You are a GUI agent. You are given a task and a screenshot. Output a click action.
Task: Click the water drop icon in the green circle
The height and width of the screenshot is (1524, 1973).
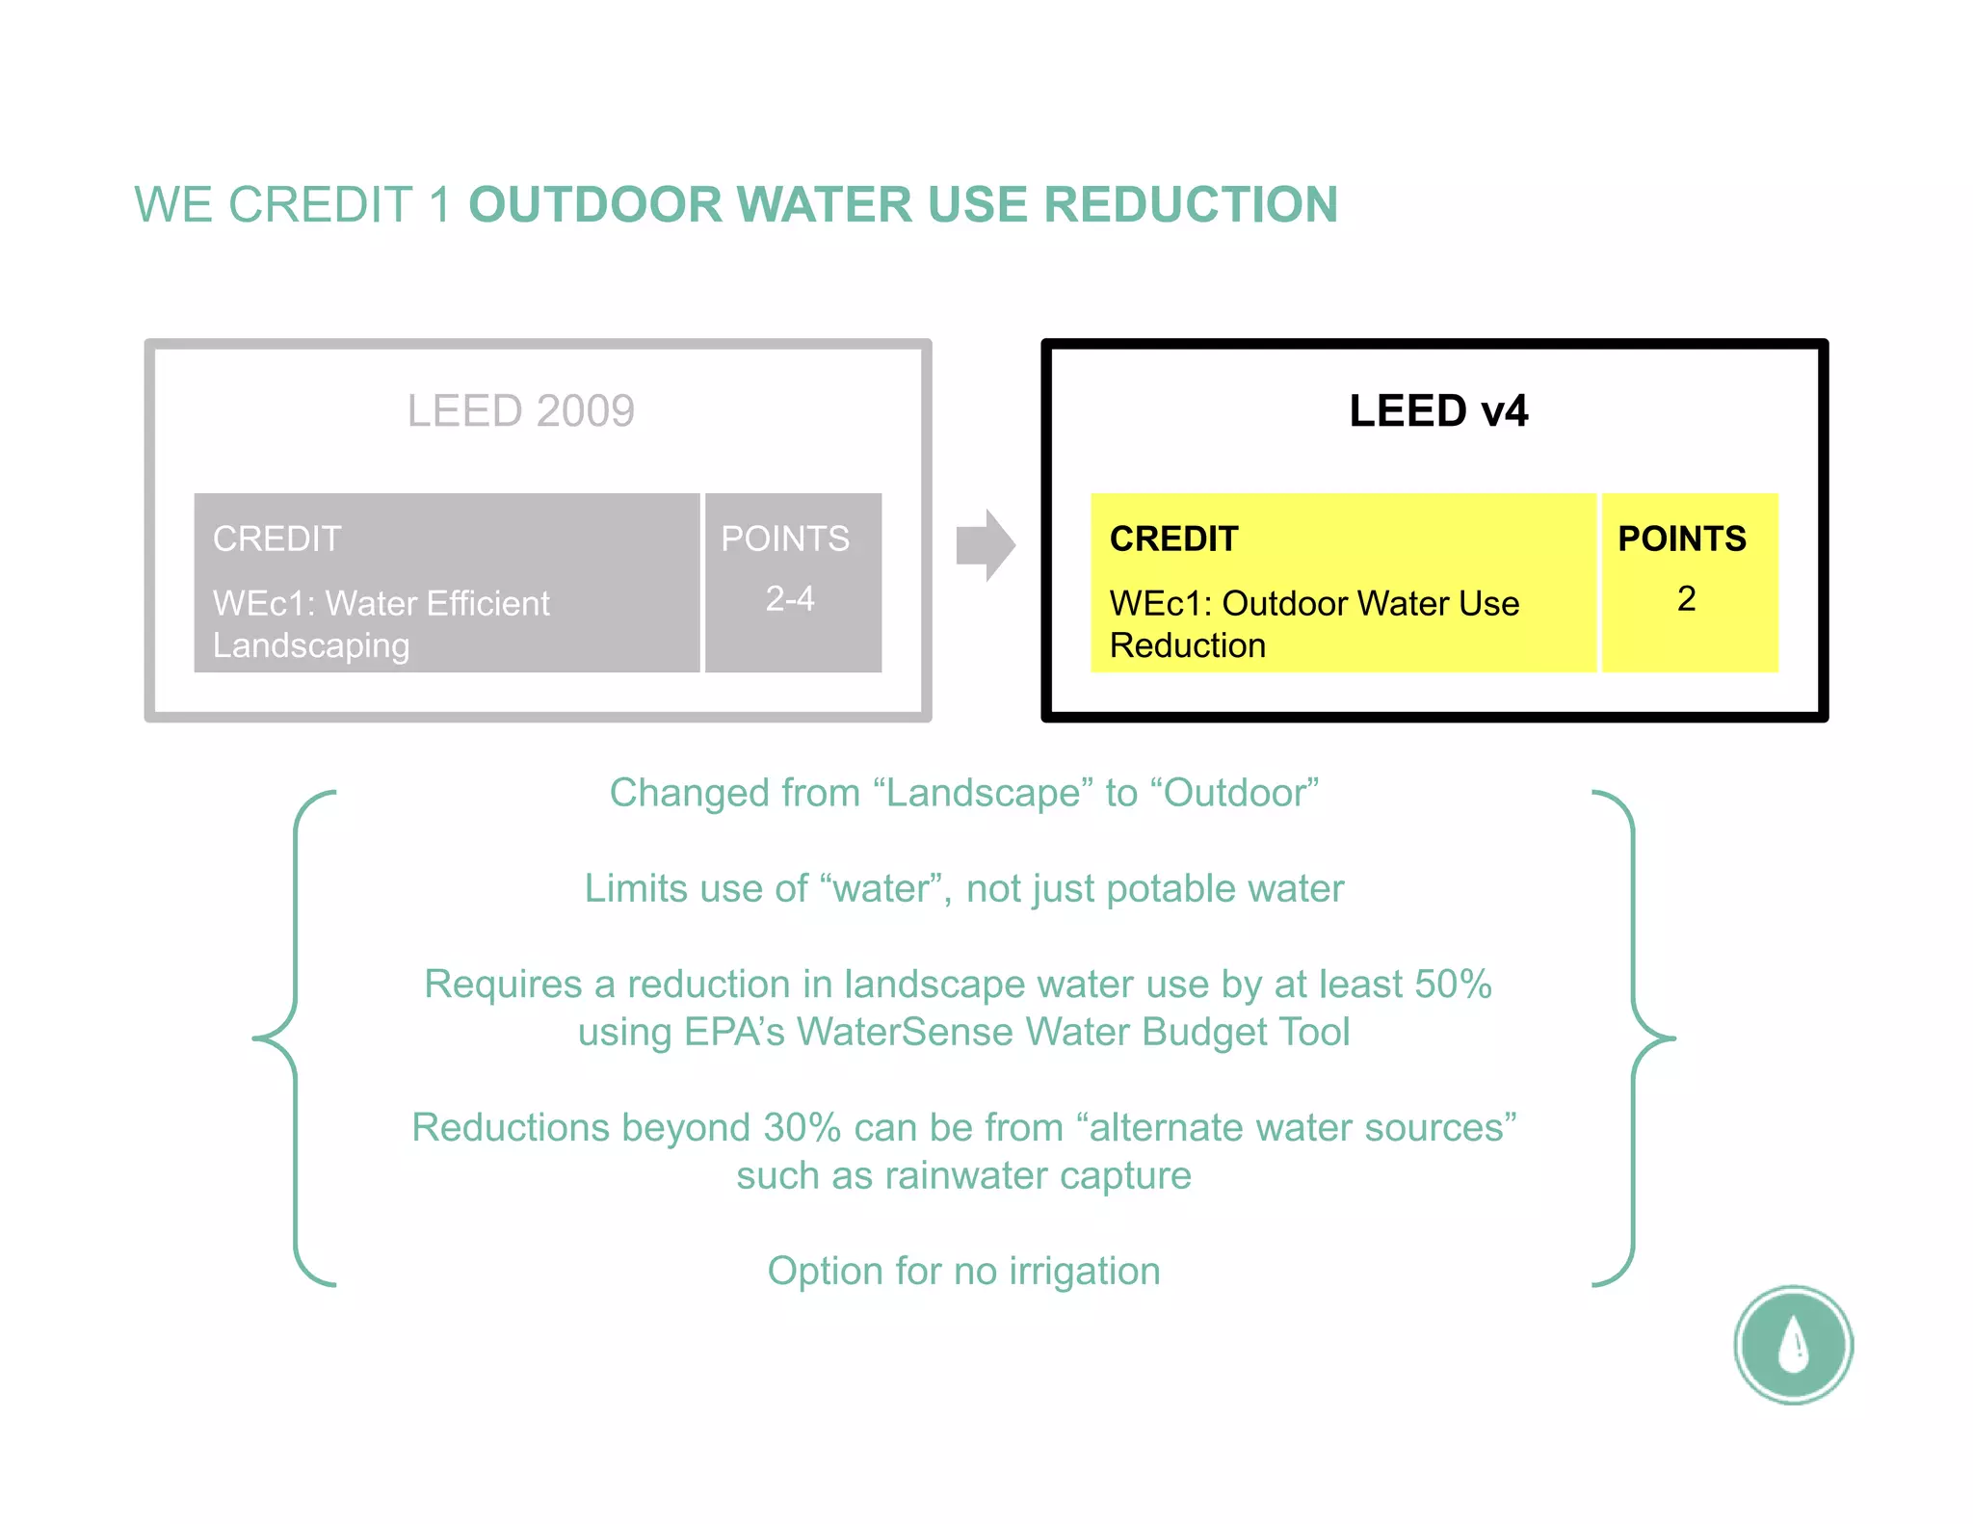pos(1793,1344)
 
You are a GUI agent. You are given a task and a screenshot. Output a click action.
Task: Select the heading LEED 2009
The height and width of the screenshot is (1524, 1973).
pos(520,411)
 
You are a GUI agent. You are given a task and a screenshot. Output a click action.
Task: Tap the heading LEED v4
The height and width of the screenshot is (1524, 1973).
pos(1437,411)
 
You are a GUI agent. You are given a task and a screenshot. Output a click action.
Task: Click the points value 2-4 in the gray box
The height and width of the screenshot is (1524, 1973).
pos(790,599)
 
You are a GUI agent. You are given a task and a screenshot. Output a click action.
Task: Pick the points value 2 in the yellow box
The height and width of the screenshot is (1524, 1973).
pos(1686,599)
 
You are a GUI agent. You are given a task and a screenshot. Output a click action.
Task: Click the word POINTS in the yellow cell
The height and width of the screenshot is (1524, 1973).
pos(1681,539)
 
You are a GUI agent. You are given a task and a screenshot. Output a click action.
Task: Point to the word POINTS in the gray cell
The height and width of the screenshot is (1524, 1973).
pos(785,539)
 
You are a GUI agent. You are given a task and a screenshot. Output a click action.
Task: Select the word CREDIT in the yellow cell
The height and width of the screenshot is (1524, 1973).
pos(1173,539)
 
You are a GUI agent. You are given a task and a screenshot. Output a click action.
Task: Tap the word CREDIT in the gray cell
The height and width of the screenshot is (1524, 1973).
pos(277,539)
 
